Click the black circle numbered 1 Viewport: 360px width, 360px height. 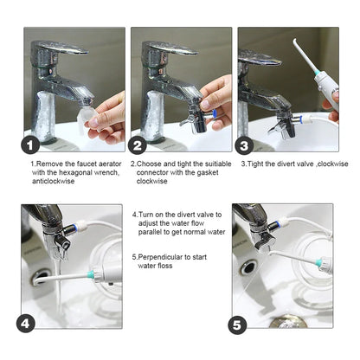tap(33, 147)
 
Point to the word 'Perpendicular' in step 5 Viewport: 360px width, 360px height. tap(161, 256)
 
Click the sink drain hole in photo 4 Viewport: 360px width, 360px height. tap(40, 278)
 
